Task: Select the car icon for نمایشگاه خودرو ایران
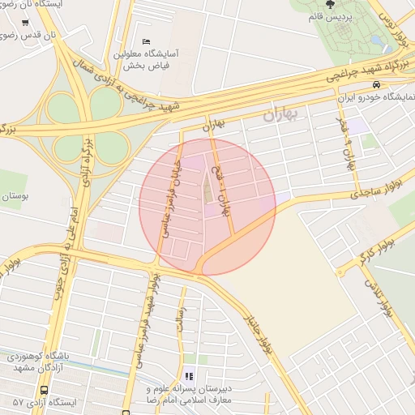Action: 398,84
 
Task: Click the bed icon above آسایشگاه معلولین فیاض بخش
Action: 146,41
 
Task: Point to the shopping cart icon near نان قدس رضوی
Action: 26,23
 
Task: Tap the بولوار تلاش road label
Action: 381,299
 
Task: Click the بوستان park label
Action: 16,196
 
